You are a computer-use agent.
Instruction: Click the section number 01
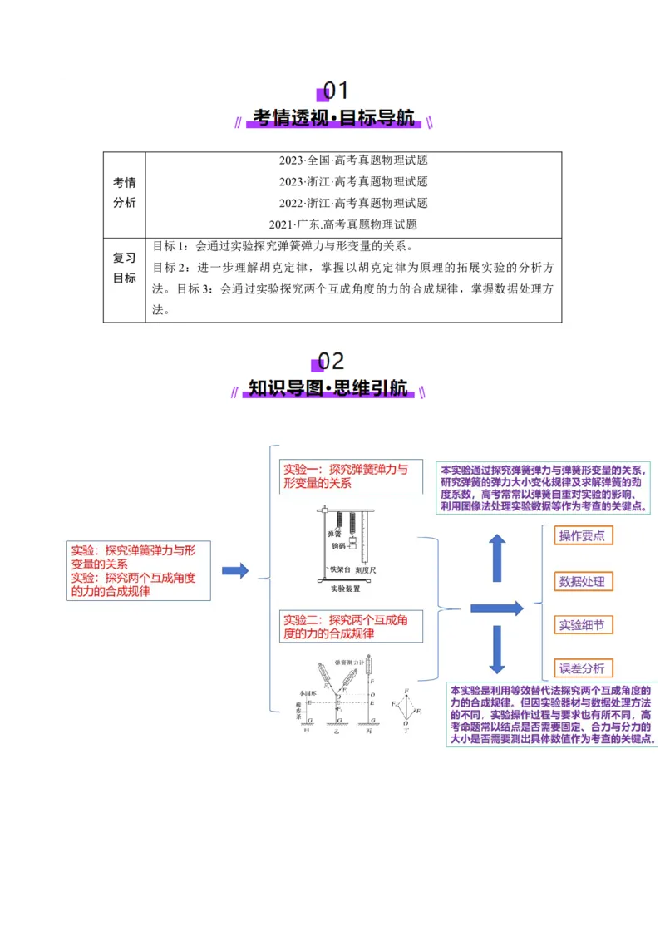(335, 90)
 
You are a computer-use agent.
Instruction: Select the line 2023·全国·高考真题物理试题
(353, 160)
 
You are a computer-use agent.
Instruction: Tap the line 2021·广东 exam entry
(342, 224)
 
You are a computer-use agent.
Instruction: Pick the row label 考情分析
(125, 193)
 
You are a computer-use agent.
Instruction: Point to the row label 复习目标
(125, 268)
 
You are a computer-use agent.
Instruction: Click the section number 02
(330, 361)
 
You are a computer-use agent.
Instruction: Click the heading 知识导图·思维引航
(328, 389)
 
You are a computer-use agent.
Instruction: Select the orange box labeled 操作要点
(582, 536)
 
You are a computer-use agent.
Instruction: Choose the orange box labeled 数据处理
(582, 582)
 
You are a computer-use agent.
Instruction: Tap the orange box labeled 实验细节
(582, 625)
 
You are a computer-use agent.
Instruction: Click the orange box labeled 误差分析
(582, 668)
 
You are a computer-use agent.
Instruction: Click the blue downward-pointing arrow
(497, 648)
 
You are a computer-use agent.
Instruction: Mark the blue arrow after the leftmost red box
(235, 571)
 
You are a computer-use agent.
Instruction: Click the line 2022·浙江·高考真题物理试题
(353, 203)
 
